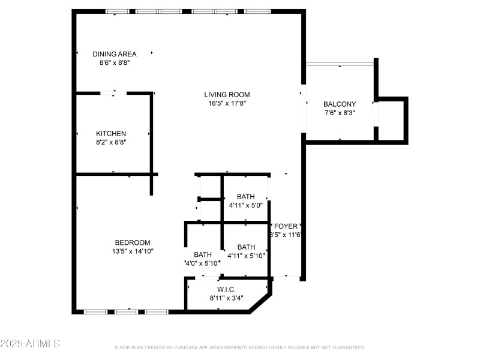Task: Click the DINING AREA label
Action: click(x=114, y=54)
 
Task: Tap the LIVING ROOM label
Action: click(x=227, y=95)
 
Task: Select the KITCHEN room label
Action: click(x=111, y=133)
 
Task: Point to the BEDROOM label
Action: click(x=133, y=242)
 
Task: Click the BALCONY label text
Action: click(x=340, y=104)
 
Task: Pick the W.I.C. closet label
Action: click(x=226, y=289)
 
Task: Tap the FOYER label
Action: click(x=286, y=226)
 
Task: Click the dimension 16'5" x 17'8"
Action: click(x=227, y=103)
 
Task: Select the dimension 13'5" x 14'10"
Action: click(x=133, y=251)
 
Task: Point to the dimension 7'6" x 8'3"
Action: click(x=340, y=112)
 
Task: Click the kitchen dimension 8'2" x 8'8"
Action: click(x=111, y=142)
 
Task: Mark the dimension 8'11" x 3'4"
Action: click(x=226, y=298)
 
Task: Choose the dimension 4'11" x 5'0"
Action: click(x=245, y=205)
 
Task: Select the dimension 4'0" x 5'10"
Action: click(x=202, y=263)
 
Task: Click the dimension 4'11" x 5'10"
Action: click(x=246, y=256)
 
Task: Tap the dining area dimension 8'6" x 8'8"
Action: click(x=114, y=62)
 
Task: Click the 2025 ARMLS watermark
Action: click(x=30, y=344)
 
